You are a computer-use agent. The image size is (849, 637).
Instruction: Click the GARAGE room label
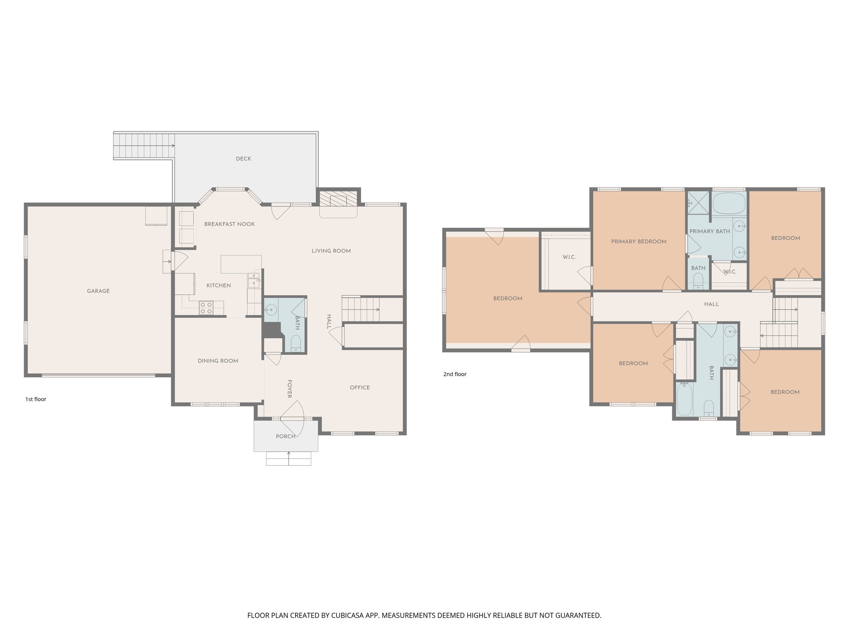[x=98, y=291]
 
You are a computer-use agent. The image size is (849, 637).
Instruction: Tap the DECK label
[x=243, y=159]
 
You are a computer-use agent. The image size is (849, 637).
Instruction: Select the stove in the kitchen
[x=206, y=308]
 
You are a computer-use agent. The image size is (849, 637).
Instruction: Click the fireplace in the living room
[x=338, y=199]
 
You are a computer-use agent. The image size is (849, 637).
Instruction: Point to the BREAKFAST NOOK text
[x=229, y=224]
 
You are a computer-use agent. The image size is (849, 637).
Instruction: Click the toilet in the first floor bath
[x=296, y=344]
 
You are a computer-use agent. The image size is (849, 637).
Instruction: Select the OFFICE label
[x=359, y=388]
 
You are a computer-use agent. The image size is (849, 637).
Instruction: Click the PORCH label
[x=286, y=436]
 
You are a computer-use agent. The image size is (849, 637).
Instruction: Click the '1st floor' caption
[x=36, y=399]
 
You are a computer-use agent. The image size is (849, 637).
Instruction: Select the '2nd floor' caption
[x=455, y=374]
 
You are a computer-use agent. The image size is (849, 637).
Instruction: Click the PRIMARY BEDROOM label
[x=638, y=242]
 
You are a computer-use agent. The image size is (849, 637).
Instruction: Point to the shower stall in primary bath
[x=698, y=202]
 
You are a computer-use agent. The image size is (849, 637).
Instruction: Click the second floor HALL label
[x=711, y=304]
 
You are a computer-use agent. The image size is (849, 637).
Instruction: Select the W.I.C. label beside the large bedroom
[x=569, y=258]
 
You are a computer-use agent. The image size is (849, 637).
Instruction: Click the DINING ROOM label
[x=218, y=361]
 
